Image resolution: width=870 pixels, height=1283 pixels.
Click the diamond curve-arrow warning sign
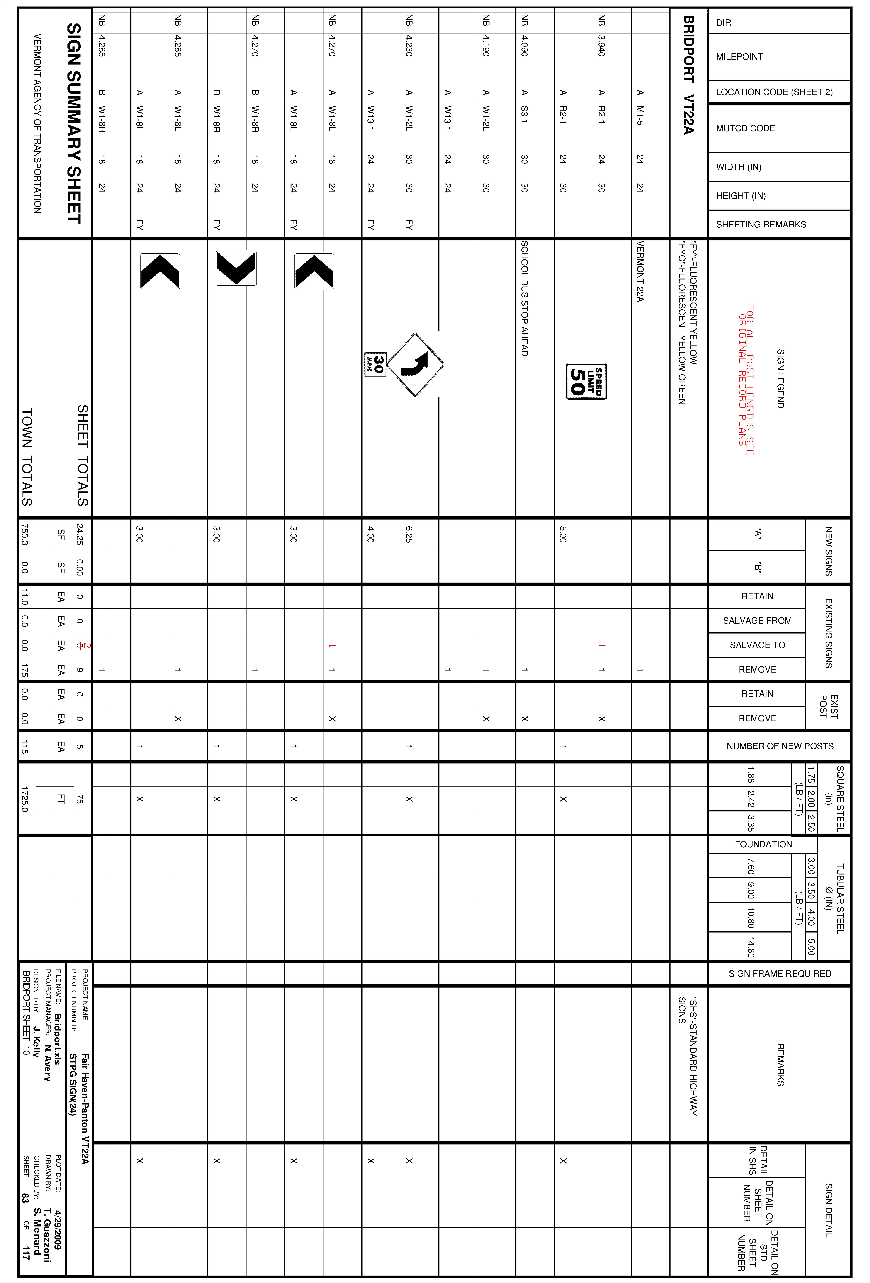click(415, 364)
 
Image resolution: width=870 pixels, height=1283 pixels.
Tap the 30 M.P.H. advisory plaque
click(375, 364)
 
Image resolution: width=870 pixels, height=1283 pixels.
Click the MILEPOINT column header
click(739, 57)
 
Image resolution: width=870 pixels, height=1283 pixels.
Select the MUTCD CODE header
click(745, 128)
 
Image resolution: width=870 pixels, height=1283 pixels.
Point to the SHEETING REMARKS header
click(761, 224)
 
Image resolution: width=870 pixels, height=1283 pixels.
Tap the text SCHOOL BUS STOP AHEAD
click(524, 298)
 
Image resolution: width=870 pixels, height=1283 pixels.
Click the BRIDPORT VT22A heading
click(688, 75)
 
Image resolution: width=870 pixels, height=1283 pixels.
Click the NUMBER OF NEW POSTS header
click(779, 746)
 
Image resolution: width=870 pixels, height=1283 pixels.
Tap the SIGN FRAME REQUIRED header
click(779, 973)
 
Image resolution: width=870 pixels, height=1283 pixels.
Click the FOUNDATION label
click(763, 844)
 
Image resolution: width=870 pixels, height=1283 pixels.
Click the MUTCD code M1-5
click(640, 115)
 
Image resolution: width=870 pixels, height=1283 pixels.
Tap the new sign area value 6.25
click(409, 534)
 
